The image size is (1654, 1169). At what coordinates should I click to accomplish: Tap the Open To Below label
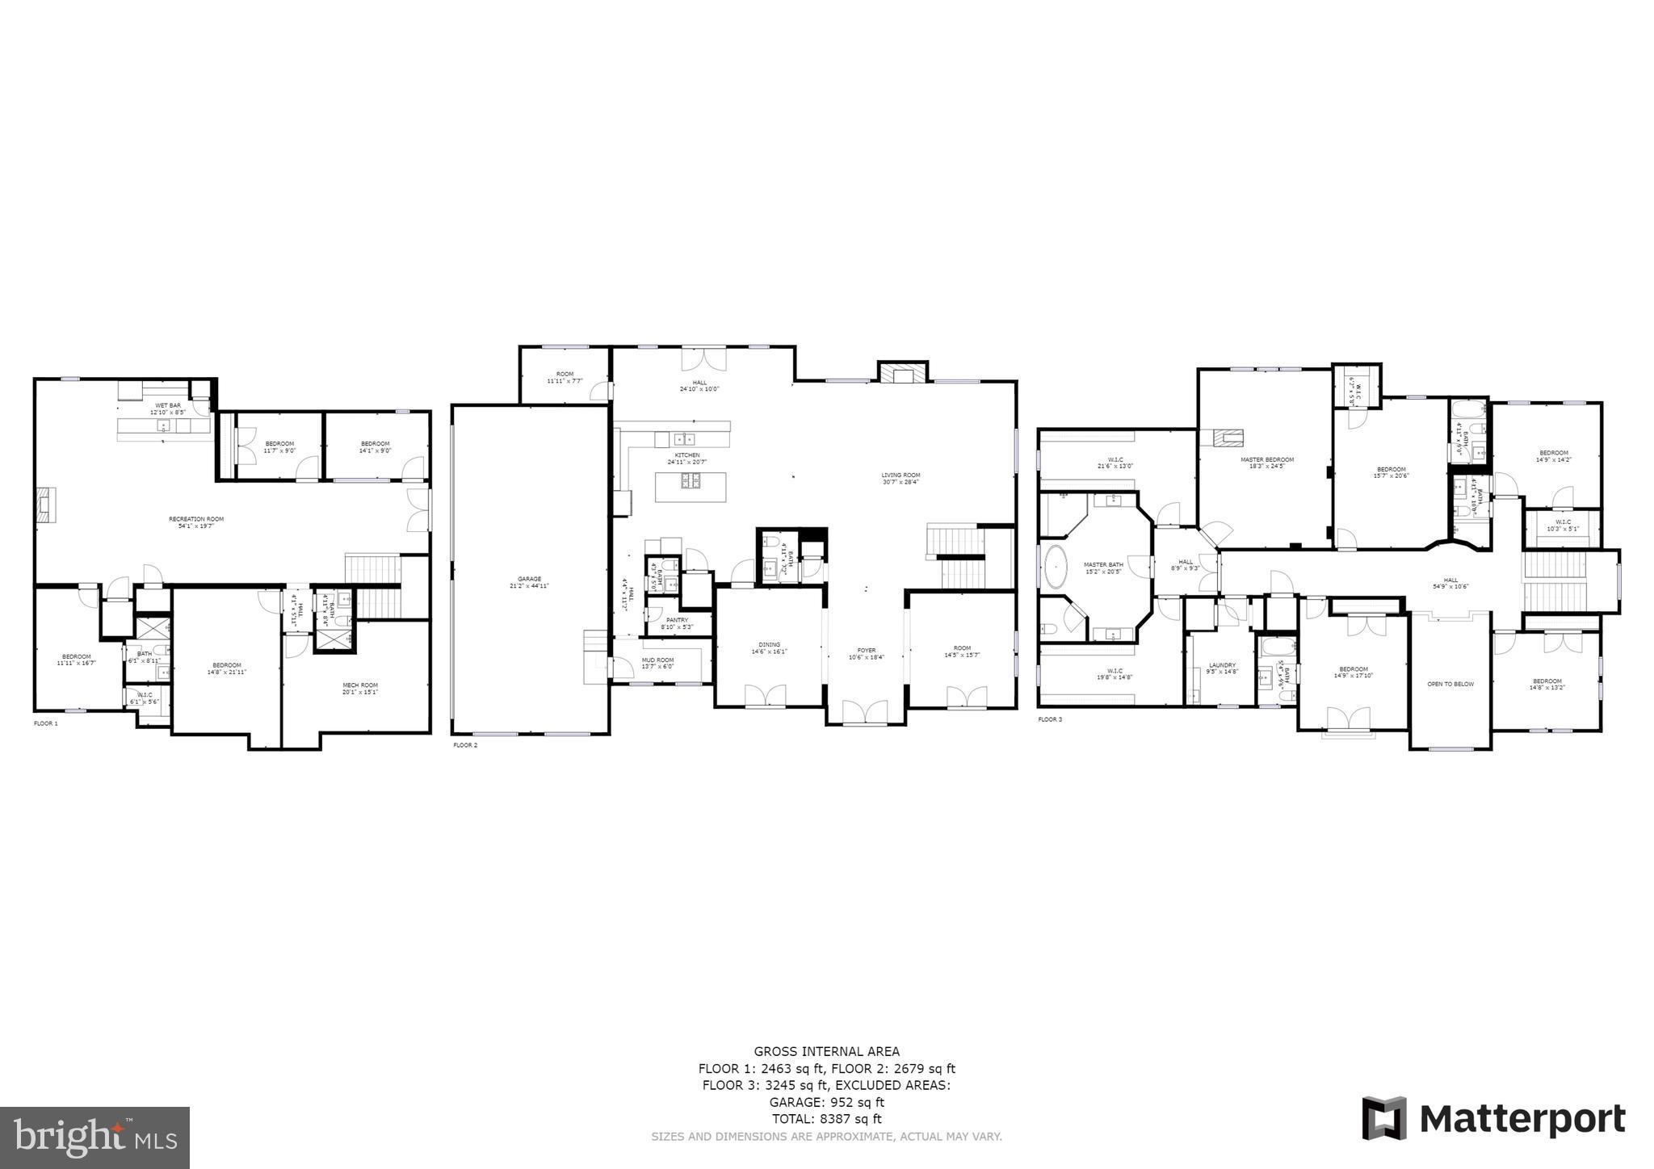(x=1450, y=684)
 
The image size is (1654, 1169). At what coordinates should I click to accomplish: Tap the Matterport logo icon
(x=1384, y=1118)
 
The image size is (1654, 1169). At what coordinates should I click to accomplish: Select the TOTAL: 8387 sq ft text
(x=826, y=1119)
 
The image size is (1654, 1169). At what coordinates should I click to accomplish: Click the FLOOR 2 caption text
(x=465, y=745)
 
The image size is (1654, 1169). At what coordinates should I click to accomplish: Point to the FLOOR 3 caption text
(x=1050, y=719)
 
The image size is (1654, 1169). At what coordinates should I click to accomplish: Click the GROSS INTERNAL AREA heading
(x=826, y=1051)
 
